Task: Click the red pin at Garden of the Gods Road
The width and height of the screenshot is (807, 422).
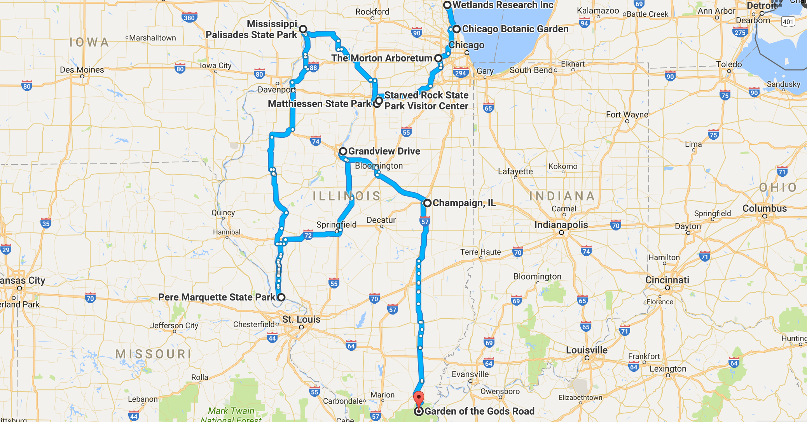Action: tap(419, 399)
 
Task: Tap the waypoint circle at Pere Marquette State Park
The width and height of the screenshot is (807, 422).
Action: tap(281, 297)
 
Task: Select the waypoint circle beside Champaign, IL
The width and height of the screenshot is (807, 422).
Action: tap(427, 203)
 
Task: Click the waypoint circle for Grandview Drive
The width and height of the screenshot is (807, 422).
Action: tap(343, 151)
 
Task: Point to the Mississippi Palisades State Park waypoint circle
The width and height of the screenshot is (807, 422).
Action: tap(303, 29)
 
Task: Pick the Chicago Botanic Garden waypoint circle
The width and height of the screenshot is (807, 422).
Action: tap(456, 29)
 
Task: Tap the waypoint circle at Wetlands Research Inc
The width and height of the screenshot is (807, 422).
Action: tap(447, 5)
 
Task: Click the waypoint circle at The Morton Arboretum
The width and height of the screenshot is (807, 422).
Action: tap(438, 58)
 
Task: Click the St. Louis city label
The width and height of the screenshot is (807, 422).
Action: tap(301, 320)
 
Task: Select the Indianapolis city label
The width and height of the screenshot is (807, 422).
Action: tap(561, 225)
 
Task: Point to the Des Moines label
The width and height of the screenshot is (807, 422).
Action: tap(82, 70)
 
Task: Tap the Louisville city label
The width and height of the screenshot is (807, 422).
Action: tap(587, 350)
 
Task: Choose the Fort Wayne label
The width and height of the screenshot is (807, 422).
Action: tap(627, 114)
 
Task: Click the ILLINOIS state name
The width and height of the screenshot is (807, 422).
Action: tap(347, 196)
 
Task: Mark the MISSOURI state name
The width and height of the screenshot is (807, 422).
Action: tap(154, 354)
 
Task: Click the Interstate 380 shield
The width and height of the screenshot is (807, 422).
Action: tap(189, 18)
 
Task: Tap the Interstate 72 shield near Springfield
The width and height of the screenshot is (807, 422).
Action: tap(308, 235)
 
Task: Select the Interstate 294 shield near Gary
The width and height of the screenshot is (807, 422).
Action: tap(460, 73)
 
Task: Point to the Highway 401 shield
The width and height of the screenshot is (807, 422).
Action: tap(788, 21)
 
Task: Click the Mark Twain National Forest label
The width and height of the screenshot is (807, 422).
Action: tap(231, 415)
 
